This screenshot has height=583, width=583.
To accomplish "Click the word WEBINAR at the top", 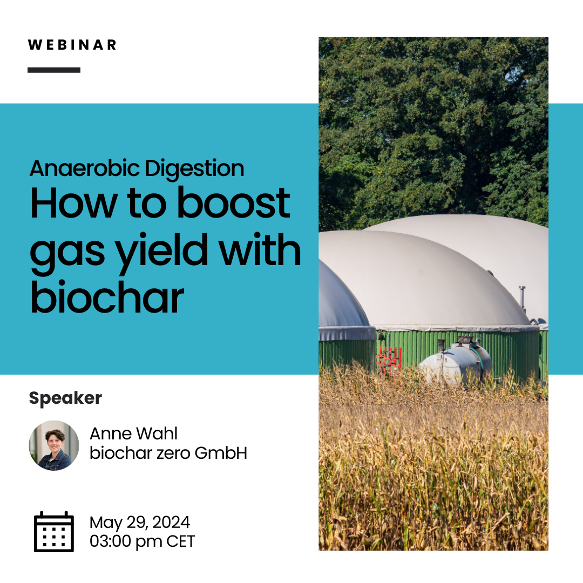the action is point(72,45).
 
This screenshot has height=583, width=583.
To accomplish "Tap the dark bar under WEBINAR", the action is point(54,70).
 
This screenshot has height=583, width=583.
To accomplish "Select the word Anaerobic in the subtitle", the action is point(85,168).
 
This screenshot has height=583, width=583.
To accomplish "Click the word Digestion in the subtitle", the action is point(194,169).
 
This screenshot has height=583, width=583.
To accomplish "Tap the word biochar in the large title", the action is point(107,297).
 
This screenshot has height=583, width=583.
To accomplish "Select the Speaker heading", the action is point(65,398).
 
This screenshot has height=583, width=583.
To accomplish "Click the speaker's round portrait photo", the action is point(54,445).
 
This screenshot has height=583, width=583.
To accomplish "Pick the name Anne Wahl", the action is point(133,433).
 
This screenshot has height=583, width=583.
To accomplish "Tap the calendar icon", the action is point(54,532).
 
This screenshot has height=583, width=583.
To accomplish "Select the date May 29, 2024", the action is point(140,523).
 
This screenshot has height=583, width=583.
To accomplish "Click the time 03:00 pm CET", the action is point(142,542).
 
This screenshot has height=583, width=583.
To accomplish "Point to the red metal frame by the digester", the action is point(389,363).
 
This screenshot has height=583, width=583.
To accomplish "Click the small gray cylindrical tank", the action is point(456,363).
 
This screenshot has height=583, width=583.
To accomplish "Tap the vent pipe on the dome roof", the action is point(523,297).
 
